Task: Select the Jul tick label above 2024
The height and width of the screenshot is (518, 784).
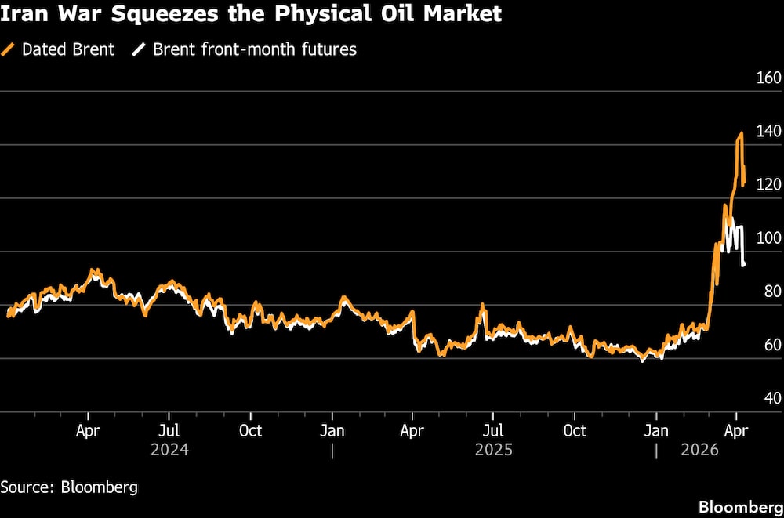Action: (169, 430)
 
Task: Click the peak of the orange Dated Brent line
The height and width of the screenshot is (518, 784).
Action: (741, 133)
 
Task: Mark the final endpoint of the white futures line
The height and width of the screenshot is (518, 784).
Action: (744, 265)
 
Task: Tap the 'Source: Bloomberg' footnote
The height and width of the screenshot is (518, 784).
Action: (69, 487)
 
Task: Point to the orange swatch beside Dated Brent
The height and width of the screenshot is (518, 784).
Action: (8, 49)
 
